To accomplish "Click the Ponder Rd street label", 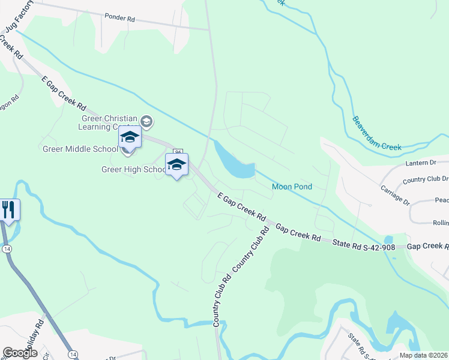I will point(119,18).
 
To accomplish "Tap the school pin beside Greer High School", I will point(176,165).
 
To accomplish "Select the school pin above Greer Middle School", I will point(130,138).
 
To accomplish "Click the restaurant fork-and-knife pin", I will point(8,210).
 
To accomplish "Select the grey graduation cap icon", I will point(146,122).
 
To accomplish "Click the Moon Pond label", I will point(292,187).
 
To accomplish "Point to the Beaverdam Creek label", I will point(376,133).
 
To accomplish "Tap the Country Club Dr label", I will point(425,179).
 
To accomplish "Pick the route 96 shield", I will point(178,152).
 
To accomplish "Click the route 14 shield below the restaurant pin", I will point(7,232).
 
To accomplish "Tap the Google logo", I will point(20,352).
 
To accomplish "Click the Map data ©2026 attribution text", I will point(423,355).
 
